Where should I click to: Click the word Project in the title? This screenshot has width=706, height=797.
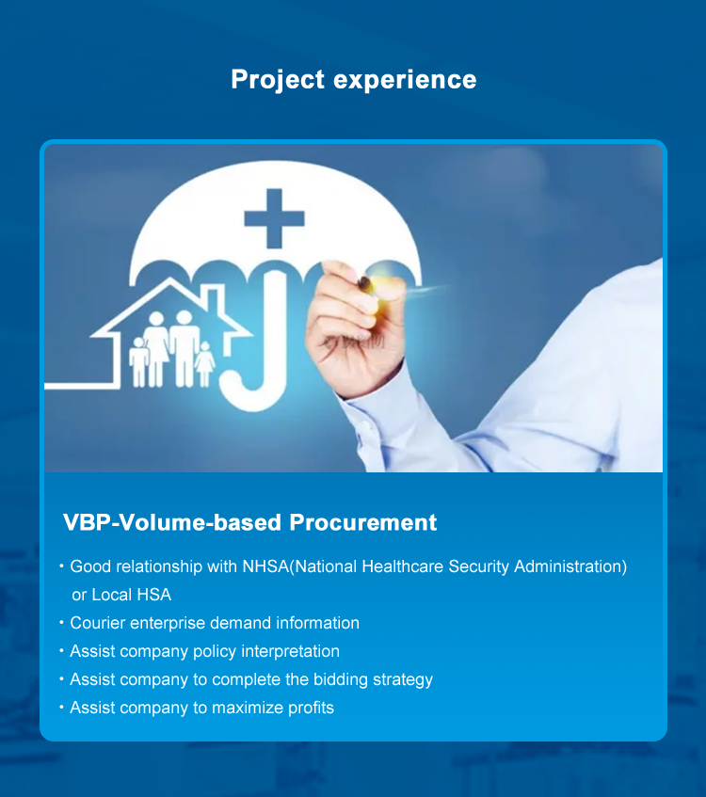(x=278, y=80)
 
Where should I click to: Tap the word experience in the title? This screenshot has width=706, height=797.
(x=405, y=80)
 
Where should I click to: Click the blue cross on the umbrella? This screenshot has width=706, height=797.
(x=274, y=218)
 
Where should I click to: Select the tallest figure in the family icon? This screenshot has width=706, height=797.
(x=185, y=348)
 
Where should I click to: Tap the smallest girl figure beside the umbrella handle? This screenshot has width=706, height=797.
(x=205, y=363)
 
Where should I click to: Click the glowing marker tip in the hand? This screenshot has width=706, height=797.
(x=377, y=283)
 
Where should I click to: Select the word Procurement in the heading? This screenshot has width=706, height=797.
(x=363, y=522)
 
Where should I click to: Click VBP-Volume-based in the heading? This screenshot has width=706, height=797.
(x=172, y=522)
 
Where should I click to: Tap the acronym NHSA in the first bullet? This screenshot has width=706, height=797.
(x=265, y=566)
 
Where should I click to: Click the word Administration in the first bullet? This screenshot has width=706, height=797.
(x=570, y=566)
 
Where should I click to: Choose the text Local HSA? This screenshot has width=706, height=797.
(x=131, y=595)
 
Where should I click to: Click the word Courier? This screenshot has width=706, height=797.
(x=97, y=623)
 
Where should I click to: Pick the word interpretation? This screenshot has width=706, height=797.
(x=291, y=652)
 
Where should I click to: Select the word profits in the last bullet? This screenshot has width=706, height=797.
(x=311, y=708)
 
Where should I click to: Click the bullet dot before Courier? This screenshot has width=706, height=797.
(x=61, y=622)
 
